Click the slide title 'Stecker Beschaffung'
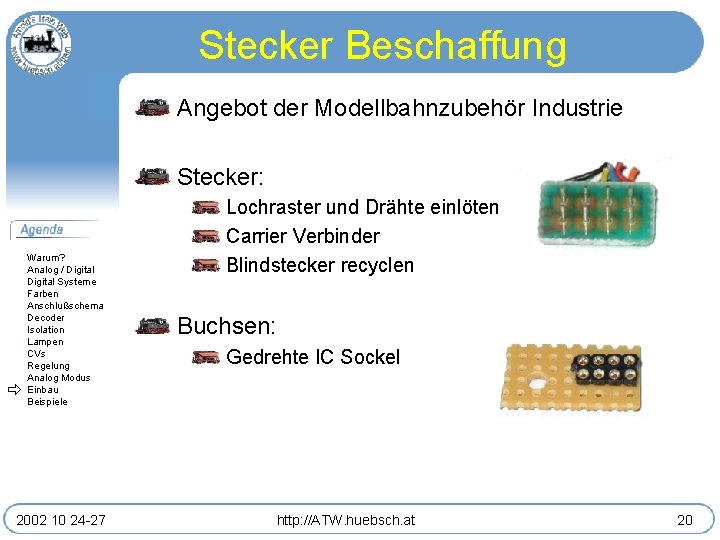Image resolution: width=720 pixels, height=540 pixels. click(382, 46)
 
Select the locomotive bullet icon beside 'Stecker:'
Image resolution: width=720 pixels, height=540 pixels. click(153, 177)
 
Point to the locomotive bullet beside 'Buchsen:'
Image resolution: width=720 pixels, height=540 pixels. click(153, 325)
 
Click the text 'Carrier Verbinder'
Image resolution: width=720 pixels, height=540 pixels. click(303, 237)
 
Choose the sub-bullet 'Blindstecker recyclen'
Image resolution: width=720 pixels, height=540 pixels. click(320, 266)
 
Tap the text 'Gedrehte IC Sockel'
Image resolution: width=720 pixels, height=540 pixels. click(313, 357)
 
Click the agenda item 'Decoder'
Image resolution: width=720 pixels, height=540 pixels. click(46, 318)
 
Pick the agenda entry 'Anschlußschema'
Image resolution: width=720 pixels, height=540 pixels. click(65, 306)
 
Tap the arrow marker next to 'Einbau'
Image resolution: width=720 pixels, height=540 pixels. click(15, 390)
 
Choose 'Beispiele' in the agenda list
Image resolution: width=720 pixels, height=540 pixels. click(48, 402)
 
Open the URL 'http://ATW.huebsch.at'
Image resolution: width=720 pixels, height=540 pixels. click(347, 520)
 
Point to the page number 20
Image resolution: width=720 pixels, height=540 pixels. click(684, 520)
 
